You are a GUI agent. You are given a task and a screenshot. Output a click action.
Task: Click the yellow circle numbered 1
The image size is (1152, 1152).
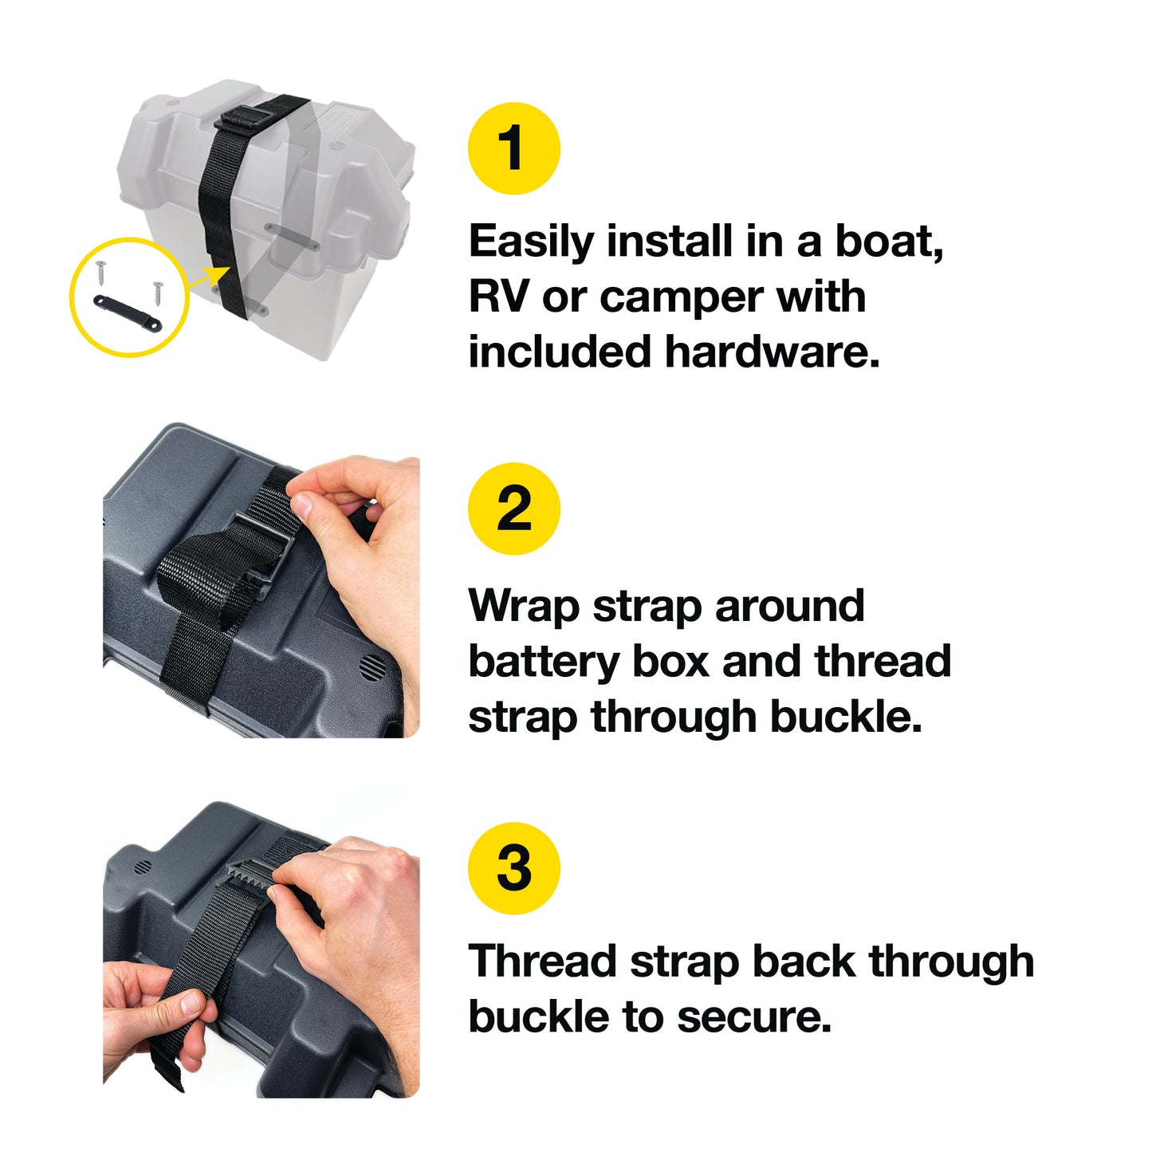tap(513, 148)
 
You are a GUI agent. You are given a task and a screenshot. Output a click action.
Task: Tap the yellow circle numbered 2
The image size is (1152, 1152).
tap(513, 509)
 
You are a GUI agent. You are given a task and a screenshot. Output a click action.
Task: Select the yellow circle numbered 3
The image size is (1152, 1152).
tap(513, 868)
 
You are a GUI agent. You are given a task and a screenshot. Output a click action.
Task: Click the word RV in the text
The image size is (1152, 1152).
tap(498, 297)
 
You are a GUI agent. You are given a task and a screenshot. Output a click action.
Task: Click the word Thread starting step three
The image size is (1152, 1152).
tap(543, 961)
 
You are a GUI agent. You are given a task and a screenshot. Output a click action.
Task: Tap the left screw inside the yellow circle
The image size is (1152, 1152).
tap(100, 272)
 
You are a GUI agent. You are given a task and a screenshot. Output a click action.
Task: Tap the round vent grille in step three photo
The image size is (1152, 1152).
tap(142, 867)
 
